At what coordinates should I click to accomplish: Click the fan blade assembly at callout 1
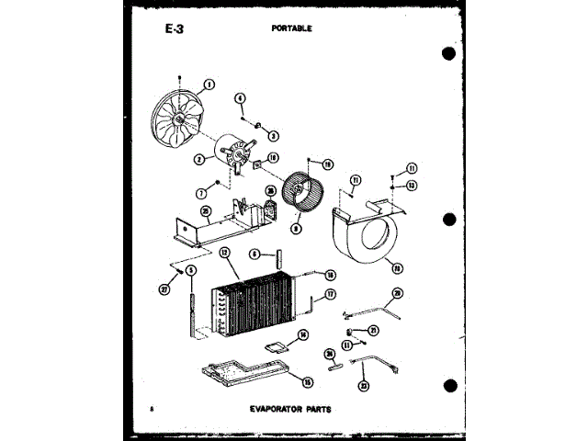[178, 123]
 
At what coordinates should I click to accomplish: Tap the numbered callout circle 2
[199, 158]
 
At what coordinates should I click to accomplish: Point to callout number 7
[200, 194]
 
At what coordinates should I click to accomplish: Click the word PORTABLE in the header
[292, 28]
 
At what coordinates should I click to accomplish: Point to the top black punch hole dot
[448, 51]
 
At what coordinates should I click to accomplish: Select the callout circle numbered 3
[274, 134]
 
